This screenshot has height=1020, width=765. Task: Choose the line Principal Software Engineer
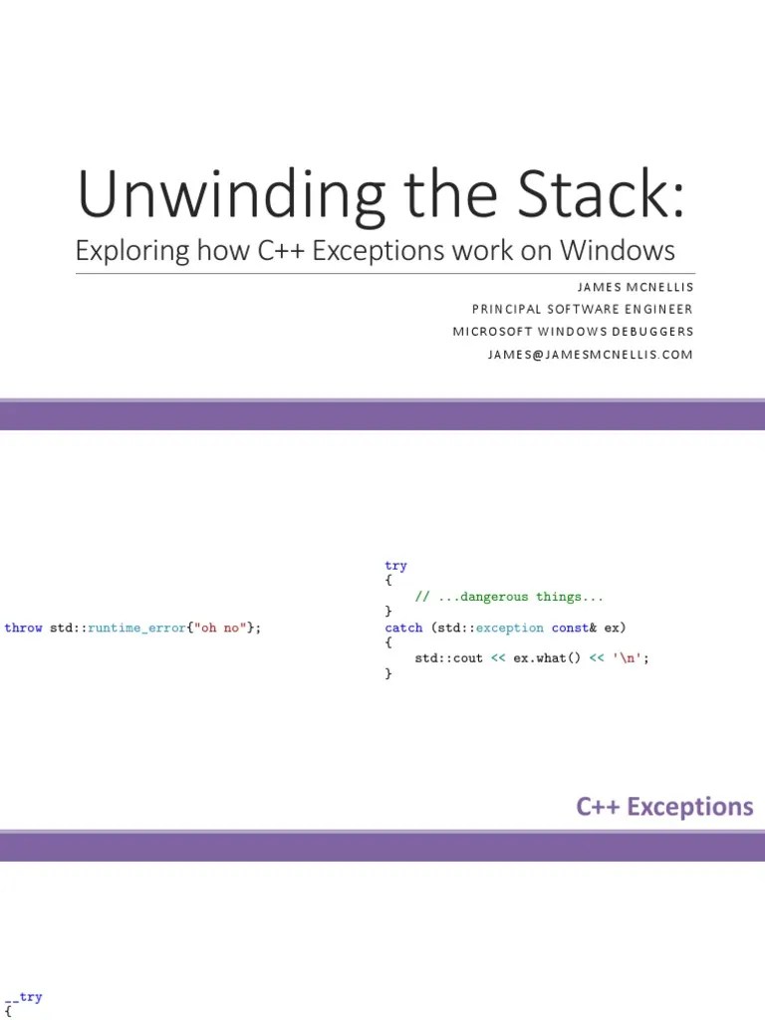pyautogui.click(x=583, y=309)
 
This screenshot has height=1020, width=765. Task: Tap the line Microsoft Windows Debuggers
pyautogui.click(x=573, y=332)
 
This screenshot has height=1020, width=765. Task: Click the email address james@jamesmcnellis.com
pyautogui.click(x=590, y=355)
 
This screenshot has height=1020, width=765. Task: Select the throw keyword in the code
pyautogui.click(x=24, y=628)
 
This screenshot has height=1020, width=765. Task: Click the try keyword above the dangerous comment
pyautogui.click(x=396, y=566)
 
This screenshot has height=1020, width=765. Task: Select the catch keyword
pyautogui.click(x=404, y=628)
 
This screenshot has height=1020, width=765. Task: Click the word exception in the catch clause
pyautogui.click(x=510, y=628)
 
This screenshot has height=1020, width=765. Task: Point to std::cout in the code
pyautogui.click(x=449, y=658)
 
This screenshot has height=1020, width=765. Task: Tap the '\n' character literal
pyautogui.click(x=627, y=658)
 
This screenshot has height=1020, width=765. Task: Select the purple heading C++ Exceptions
pyautogui.click(x=664, y=806)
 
